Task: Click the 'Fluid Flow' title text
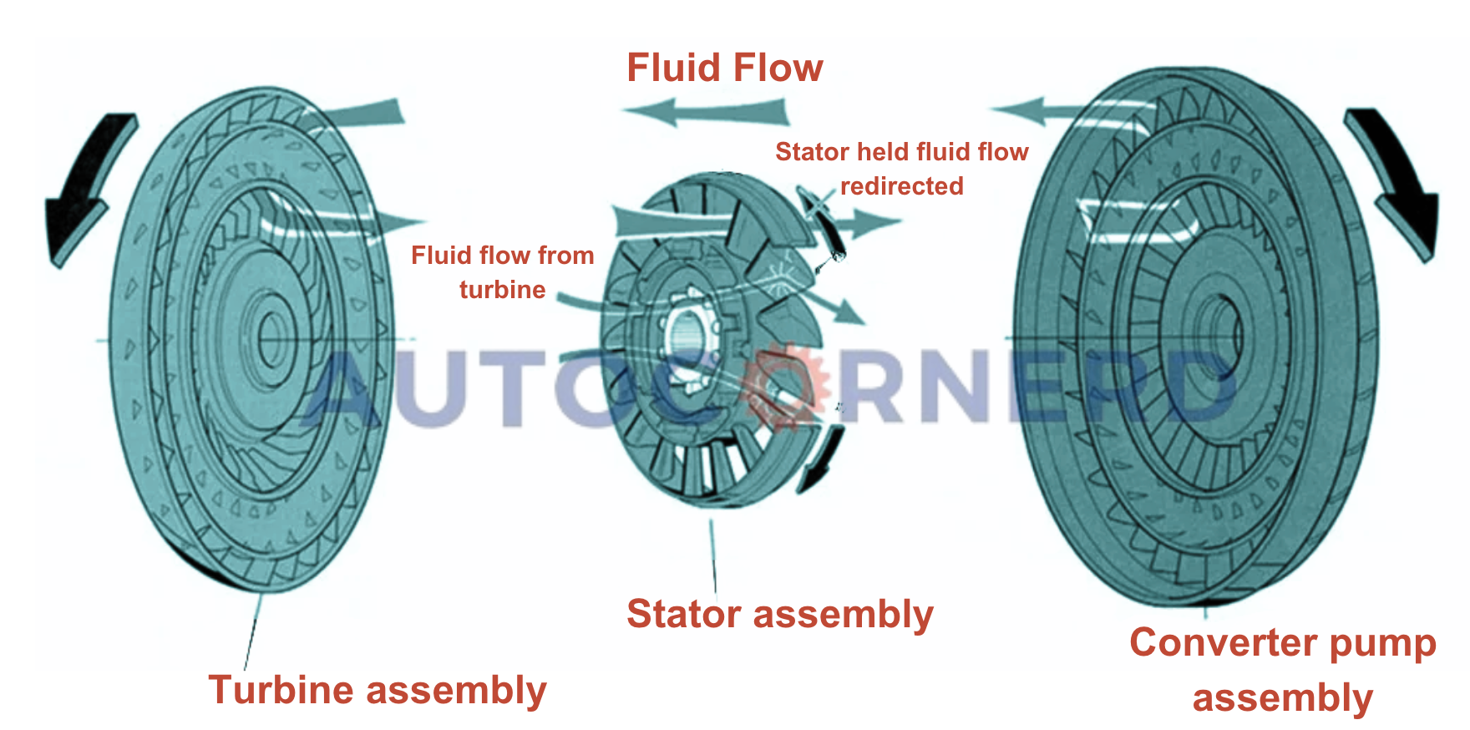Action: point(724,68)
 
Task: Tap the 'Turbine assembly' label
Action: point(377,690)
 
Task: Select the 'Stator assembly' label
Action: point(779,614)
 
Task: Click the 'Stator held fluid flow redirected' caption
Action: point(901,168)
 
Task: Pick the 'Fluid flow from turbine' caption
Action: point(502,271)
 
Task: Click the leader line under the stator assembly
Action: point(713,555)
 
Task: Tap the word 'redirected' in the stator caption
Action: point(901,185)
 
